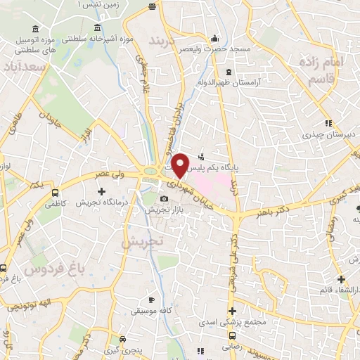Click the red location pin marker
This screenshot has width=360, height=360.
[180, 165]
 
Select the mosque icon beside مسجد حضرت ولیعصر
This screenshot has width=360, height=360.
[214, 39]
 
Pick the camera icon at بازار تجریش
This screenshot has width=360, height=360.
[164, 200]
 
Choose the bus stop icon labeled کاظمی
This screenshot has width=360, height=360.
[55, 191]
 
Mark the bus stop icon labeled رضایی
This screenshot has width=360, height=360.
[200, 349]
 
